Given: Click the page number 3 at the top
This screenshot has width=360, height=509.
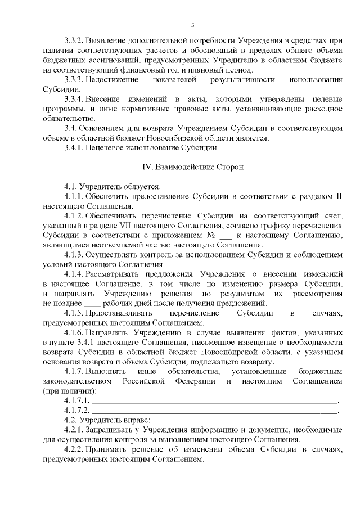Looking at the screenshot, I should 192,25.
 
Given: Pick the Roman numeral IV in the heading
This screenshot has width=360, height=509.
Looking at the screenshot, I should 149,167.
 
